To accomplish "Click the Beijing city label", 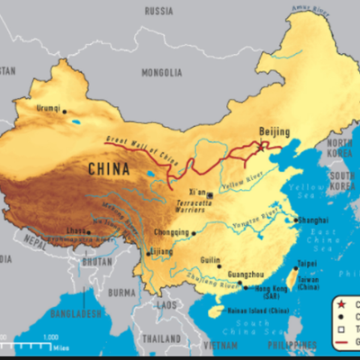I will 275,131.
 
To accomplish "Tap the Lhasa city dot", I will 88,232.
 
